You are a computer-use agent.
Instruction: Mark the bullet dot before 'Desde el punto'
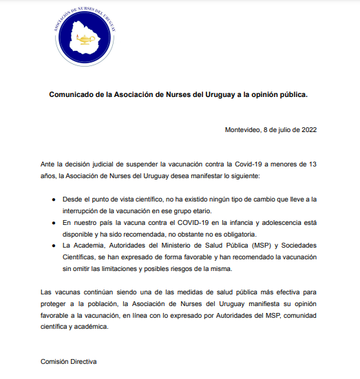tap(56, 199)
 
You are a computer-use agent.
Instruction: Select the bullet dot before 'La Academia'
tap(56, 246)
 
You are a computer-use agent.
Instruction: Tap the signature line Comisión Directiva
tap(69, 362)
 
